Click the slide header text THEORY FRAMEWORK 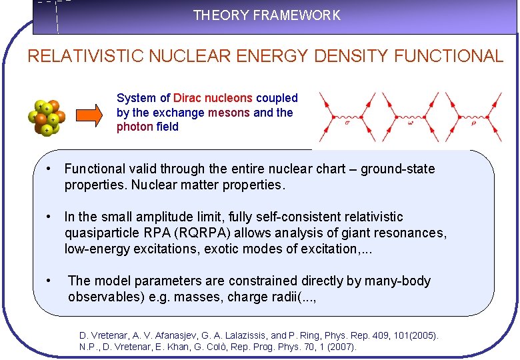coord(267,15)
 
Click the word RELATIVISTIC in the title coord(85,56)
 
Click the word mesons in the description coord(229,113)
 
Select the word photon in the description coord(135,127)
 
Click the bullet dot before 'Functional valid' coord(49,169)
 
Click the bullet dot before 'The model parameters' coord(49,281)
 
